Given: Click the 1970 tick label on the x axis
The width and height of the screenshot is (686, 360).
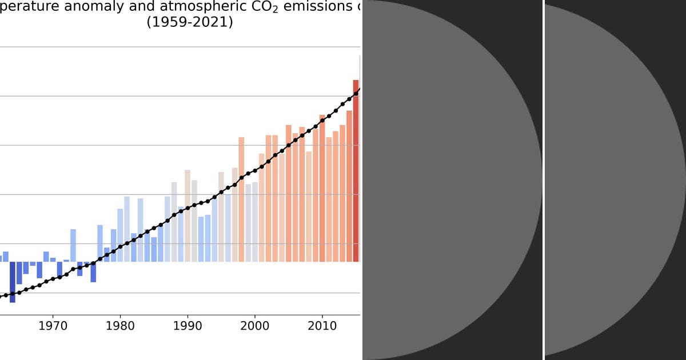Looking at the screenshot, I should [53, 326].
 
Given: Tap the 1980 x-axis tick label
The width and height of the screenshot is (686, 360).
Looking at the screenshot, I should [120, 326].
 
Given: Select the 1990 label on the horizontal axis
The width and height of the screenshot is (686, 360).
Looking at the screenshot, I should [188, 326].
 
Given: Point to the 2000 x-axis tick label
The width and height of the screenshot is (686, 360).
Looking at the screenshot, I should [254, 326].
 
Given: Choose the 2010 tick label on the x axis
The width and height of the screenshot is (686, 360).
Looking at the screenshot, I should [322, 326].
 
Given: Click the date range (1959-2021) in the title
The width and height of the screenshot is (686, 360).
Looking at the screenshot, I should [190, 23].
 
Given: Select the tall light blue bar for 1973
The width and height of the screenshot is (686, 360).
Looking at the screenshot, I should [73, 245].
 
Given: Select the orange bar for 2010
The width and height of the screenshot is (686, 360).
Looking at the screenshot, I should [322, 188].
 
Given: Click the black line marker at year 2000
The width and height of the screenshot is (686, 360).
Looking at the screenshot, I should [255, 170].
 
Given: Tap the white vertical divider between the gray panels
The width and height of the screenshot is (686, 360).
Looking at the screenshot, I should [543, 180].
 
